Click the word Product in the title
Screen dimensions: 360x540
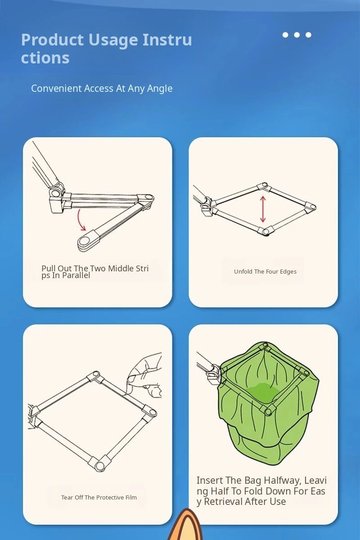point(52,40)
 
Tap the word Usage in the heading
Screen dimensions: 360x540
point(113,40)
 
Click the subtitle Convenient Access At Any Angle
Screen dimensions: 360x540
point(102,89)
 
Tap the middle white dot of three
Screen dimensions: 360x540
point(297,35)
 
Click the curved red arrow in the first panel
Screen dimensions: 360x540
point(80,220)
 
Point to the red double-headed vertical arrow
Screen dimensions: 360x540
point(263,209)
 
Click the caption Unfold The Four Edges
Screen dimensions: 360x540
point(265,272)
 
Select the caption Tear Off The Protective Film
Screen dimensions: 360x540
point(99,497)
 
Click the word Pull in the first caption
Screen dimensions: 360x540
point(49,268)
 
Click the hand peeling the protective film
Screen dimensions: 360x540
point(145,375)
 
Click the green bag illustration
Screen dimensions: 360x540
point(268,403)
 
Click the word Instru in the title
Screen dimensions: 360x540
point(167,40)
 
